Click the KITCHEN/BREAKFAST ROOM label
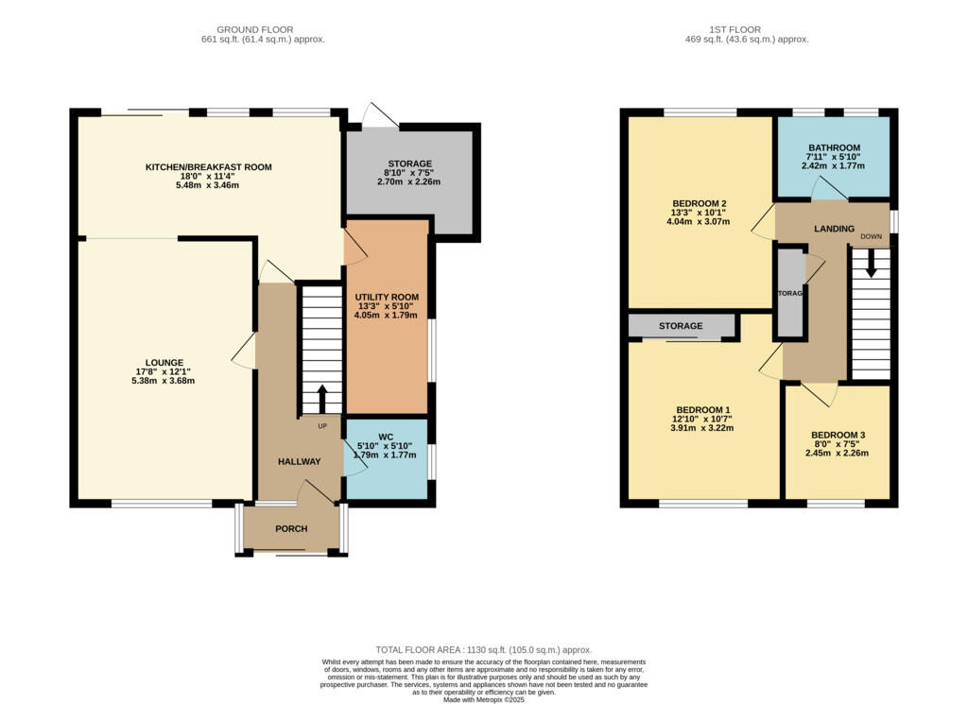point(208,167)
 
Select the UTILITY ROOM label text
point(387,297)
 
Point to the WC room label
point(386,437)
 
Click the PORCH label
point(291,528)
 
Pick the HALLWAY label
point(299,461)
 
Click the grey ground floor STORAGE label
point(409,163)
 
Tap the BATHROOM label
point(834,147)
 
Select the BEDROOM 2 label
point(699,203)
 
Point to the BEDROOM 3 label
point(838,435)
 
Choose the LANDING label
point(834,229)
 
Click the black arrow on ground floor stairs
point(321,398)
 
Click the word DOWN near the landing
point(871,238)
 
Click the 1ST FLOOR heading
point(747,29)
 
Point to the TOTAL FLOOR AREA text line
point(484,650)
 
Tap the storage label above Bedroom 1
point(681,326)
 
